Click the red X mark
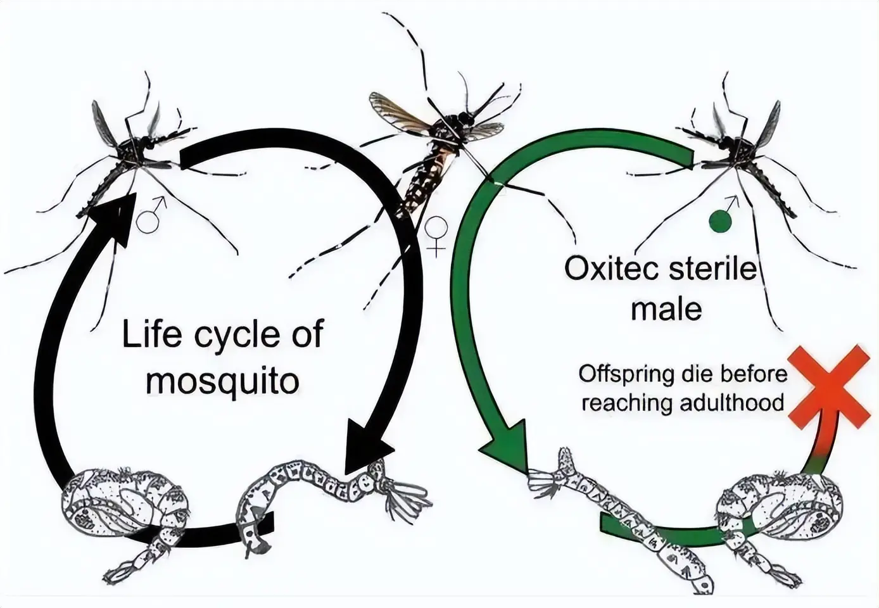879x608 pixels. (x=829, y=386)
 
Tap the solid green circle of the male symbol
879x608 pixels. (x=721, y=222)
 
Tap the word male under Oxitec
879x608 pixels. (x=666, y=309)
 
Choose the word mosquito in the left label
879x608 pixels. (x=222, y=381)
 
